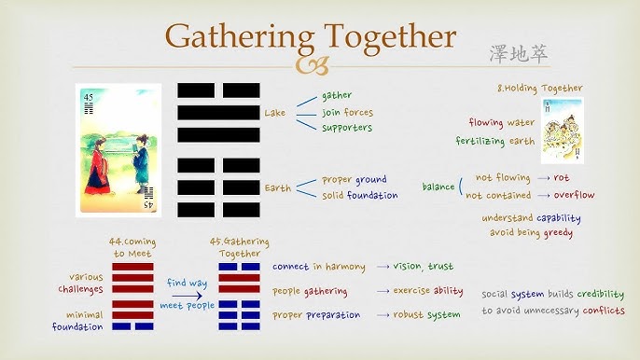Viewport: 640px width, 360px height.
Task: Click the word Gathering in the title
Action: click(236, 36)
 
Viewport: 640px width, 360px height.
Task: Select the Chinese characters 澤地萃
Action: click(519, 54)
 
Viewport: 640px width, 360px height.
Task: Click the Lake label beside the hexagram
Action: click(275, 113)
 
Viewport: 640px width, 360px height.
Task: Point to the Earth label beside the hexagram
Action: click(277, 187)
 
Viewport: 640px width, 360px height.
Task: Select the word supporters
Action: click(347, 127)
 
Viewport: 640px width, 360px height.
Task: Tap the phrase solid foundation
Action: click(360, 195)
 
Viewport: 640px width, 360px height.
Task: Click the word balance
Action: click(438, 187)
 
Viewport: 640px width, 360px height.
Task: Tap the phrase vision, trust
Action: click(425, 266)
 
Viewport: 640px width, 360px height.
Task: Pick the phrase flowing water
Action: click(505, 122)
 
